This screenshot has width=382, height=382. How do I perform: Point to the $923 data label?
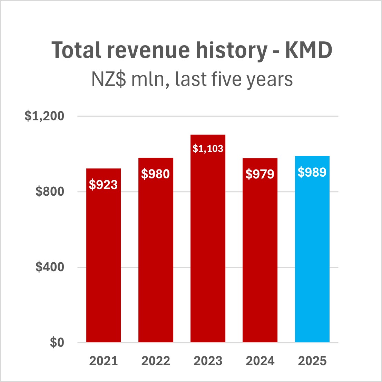point(104,185)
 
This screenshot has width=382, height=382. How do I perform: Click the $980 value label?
point(156,174)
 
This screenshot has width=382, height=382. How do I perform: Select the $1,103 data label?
point(208,149)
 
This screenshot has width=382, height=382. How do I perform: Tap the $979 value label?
point(260,174)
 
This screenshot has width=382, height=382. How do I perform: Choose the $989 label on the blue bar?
point(312,172)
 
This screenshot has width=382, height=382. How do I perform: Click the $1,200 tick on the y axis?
point(45,116)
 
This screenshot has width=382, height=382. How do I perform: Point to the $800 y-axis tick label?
point(50,192)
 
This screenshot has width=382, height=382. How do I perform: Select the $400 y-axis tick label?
point(50,267)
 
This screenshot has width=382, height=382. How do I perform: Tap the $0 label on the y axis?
point(57,343)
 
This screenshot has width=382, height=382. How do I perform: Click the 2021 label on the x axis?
point(104,361)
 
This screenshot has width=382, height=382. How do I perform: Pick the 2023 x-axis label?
point(208,361)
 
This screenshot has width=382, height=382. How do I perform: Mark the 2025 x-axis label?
point(312,361)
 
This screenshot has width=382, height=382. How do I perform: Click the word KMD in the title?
point(308,50)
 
